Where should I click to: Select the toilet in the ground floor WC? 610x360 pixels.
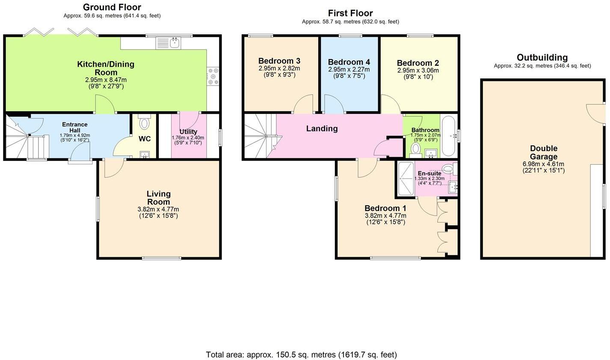[x=144, y=123]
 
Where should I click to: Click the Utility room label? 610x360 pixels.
[x=188, y=132]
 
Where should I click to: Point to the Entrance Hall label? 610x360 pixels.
[x=75, y=127]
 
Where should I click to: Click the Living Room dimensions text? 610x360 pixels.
[x=158, y=212]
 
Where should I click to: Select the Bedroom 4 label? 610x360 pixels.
[x=349, y=62]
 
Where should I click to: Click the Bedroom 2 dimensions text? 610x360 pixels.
[x=418, y=74]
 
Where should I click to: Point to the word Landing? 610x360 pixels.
[x=322, y=128]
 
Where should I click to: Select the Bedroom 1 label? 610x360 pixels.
[x=385, y=208]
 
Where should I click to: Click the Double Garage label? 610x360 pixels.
[x=543, y=152]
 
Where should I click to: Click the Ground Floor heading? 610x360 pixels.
[x=112, y=7]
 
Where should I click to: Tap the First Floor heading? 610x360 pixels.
[x=350, y=13]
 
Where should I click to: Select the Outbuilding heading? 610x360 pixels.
[x=542, y=57]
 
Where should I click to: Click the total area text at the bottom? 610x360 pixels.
[x=301, y=354]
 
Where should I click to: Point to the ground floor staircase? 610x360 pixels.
[x=26, y=141]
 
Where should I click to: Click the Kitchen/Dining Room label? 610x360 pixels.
[x=105, y=68]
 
